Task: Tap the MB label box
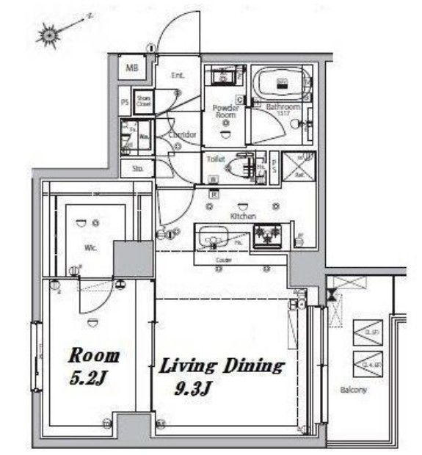(132, 69)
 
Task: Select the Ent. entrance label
(178, 75)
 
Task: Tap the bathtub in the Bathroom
(282, 82)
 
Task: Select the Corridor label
(182, 135)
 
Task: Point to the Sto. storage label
(138, 169)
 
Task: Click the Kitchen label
(243, 216)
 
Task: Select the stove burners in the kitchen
(268, 236)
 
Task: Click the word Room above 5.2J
(93, 357)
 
